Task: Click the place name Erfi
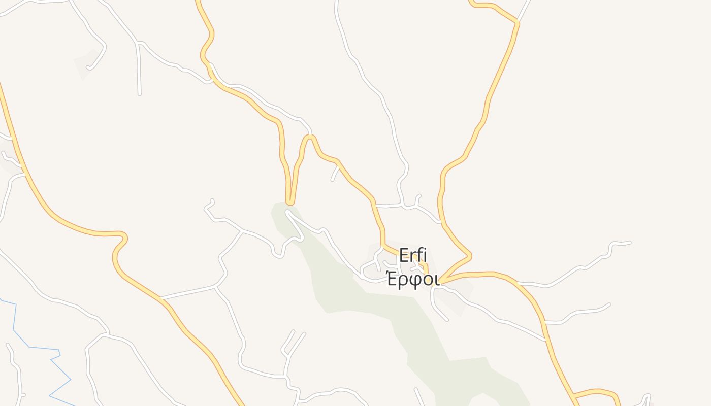pyautogui.click(x=413, y=255)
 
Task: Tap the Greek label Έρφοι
pyautogui.click(x=412, y=279)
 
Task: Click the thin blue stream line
pyautogui.click(x=30, y=347)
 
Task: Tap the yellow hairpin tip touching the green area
pyautogui.click(x=290, y=202)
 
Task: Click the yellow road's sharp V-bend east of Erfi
pyautogui.click(x=470, y=255)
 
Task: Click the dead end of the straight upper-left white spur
pyautogui.click(x=139, y=94)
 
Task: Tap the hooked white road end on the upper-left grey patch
pyautogui.click(x=88, y=67)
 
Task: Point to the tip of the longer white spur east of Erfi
pyautogui.click(x=630, y=243)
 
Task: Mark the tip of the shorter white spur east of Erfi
pyautogui.click(x=609, y=304)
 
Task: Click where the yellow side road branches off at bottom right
pyautogui.click(x=573, y=395)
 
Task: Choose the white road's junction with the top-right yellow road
pyautogui.click(x=518, y=22)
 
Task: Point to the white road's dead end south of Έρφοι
pyautogui.click(x=447, y=320)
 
